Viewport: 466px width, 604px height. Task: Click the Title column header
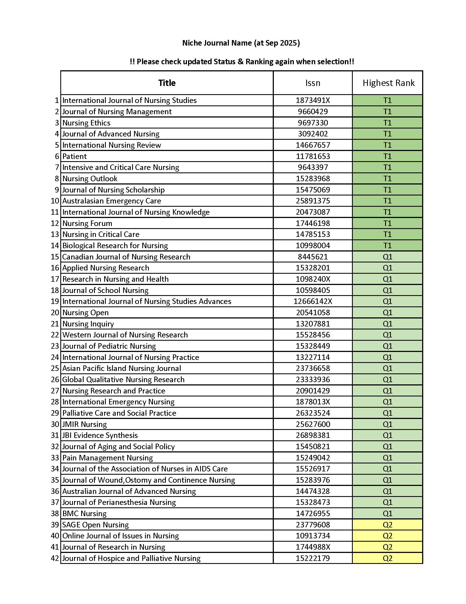[167, 83]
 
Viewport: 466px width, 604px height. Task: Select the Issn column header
[312, 83]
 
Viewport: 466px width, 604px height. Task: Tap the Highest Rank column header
[388, 83]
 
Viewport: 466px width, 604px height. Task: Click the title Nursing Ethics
[86, 123]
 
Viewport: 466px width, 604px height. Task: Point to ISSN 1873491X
[312, 100]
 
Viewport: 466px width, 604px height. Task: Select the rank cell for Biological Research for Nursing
[387, 246]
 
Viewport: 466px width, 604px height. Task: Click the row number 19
[55, 301]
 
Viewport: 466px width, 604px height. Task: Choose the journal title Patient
[75, 156]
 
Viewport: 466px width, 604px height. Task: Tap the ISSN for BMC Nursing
[312, 514]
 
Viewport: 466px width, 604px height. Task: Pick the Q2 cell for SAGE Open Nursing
[387, 525]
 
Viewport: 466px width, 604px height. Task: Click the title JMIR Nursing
[84, 424]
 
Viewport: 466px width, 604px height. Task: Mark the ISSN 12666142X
[312, 301]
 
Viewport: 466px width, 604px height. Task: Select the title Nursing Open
[85, 312]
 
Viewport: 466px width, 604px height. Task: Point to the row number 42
[55, 558]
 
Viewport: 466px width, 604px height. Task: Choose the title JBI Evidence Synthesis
[100, 435]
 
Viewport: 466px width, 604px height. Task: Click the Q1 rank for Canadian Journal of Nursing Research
[387, 257]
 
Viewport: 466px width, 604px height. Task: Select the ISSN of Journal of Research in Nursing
[312, 547]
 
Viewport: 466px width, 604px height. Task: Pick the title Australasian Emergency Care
[112, 201]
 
